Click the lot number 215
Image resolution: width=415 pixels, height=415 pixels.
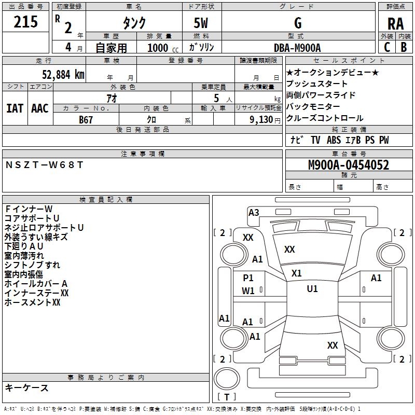click(x=25, y=22)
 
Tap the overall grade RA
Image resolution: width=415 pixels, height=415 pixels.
click(x=395, y=24)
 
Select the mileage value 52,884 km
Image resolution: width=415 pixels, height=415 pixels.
click(x=63, y=75)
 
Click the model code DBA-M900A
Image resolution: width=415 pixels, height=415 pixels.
click(x=297, y=48)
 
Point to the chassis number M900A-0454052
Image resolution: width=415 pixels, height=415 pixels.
click(x=349, y=165)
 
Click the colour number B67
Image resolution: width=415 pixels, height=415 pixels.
click(x=86, y=120)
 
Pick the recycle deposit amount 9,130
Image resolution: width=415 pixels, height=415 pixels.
click(x=261, y=120)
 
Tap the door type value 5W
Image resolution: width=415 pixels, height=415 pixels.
click(x=201, y=23)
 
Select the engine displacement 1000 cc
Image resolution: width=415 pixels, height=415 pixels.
click(x=163, y=48)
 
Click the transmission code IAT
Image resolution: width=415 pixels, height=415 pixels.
click(x=15, y=108)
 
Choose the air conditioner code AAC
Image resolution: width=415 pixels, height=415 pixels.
click(x=40, y=108)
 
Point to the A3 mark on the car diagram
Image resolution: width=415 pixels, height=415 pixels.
click(x=254, y=213)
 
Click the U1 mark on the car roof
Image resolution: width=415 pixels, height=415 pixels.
click(x=312, y=289)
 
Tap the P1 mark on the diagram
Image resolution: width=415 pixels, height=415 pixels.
click(x=248, y=278)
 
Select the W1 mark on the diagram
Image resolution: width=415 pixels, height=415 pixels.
click(x=248, y=291)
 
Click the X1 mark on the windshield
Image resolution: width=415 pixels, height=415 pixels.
click(x=296, y=273)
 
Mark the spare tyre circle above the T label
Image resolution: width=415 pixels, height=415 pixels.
click(x=227, y=378)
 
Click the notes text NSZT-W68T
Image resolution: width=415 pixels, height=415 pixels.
click(x=44, y=165)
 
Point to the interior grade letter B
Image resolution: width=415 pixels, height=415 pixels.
click(x=404, y=47)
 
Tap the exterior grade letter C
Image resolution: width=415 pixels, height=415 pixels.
click(x=387, y=47)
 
